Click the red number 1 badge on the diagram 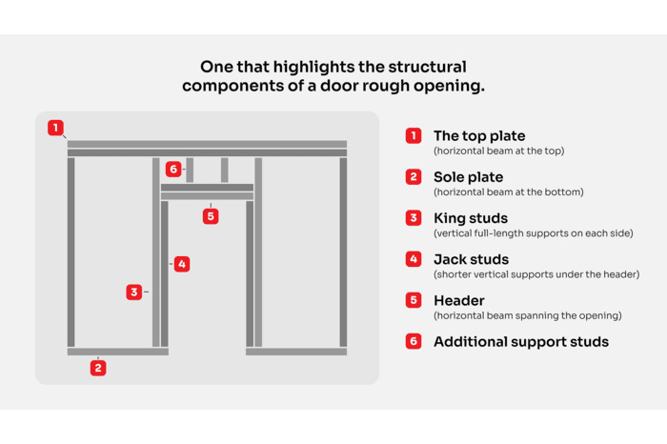pyautogui.click(x=56, y=128)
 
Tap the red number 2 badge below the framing pyautogui.click(x=98, y=368)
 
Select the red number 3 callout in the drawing pyautogui.click(x=134, y=293)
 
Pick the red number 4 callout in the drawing pyautogui.click(x=182, y=264)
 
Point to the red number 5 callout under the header pyautogui.click(x=211, y=216)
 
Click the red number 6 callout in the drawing pyautogui.click(x=172, y=170)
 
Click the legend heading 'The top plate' pyautogui.click(x=479, y=136)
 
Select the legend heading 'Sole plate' pyautogui.click(x=468, y=177)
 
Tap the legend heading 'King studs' pyautogui.click(x=471, y=218)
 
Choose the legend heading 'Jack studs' pyautogui.click(x=471, y=259)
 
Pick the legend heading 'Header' pyautogui.click(x=458, y=300)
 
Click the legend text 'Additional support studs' pyautogui.click(x=520, y=341)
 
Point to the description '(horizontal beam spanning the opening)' pyautogui.click(x=527, y=315)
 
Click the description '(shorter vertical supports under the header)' pyautogui.click(x=536, y=274)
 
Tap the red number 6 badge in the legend pyautogui.click(x=414, y=341)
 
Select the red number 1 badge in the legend pyautogui.click(x=414, y=136)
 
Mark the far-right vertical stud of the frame pyautogui.click(x=343, y=252)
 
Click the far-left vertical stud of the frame pyautogui.click(x=71, y=252)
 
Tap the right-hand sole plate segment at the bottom pyautogui.click(x=296, y=352)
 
